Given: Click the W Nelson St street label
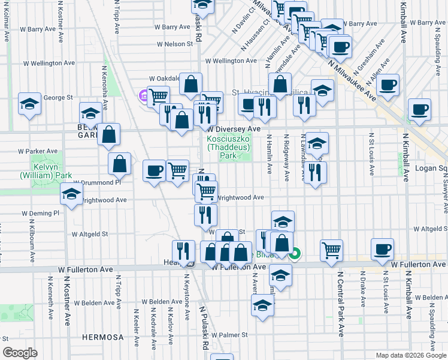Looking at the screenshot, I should [x=175, y=44].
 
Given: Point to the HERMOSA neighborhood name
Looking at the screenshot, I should [x=102, y=337].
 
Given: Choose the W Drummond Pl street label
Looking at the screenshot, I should [x=96, y=182].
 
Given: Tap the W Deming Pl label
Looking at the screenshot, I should [x=41, y=213].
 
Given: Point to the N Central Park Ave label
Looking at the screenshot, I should [x=340, y=303].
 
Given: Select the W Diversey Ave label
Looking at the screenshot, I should [x=235, y=129].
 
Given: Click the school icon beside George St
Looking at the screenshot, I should [x=29, y=103].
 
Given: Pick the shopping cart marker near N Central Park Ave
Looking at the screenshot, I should [x=331, y=249].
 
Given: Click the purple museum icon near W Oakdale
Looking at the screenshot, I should [x=143, y=95].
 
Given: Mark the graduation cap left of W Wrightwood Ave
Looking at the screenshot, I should [x=71, y=194].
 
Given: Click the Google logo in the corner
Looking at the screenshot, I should [x=20, y=353].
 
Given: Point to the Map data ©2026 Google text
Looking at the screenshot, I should [x=410, y=355].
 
